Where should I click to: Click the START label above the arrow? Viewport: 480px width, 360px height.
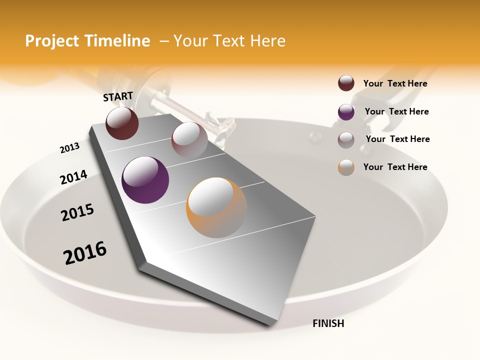[118, 96]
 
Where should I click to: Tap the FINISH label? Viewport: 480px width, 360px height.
[328, 323]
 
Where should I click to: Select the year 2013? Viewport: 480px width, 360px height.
[69, 148]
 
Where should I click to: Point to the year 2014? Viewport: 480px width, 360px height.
[73, 177]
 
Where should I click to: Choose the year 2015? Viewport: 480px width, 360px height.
[77, 213]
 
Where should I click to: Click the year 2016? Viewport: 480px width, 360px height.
[85, 253]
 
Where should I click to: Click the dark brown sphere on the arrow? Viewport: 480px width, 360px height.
[122, 123]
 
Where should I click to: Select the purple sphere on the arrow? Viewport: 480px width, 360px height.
[145, 179]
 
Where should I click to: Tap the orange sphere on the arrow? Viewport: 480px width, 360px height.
[216, 207]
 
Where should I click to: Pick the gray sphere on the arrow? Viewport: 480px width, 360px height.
[189, 140]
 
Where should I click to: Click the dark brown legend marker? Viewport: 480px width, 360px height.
[346, 83]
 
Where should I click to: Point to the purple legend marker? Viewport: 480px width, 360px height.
[346, 112]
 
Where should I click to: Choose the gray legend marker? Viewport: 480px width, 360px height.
[346, 140]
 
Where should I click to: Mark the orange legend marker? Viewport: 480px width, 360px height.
[346, 167]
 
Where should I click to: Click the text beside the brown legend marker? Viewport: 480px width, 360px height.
[395, 83]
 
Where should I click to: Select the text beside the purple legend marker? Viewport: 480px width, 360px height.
[397, 111]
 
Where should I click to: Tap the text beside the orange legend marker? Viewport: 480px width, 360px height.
[395, 167]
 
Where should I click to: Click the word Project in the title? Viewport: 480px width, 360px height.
[52, 41]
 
